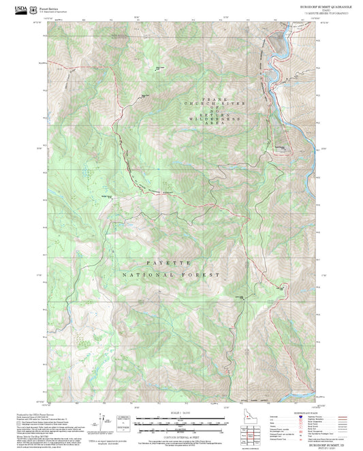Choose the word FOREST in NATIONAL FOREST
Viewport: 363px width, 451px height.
coord(203,275)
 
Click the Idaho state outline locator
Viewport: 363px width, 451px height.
coord(247,417)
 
